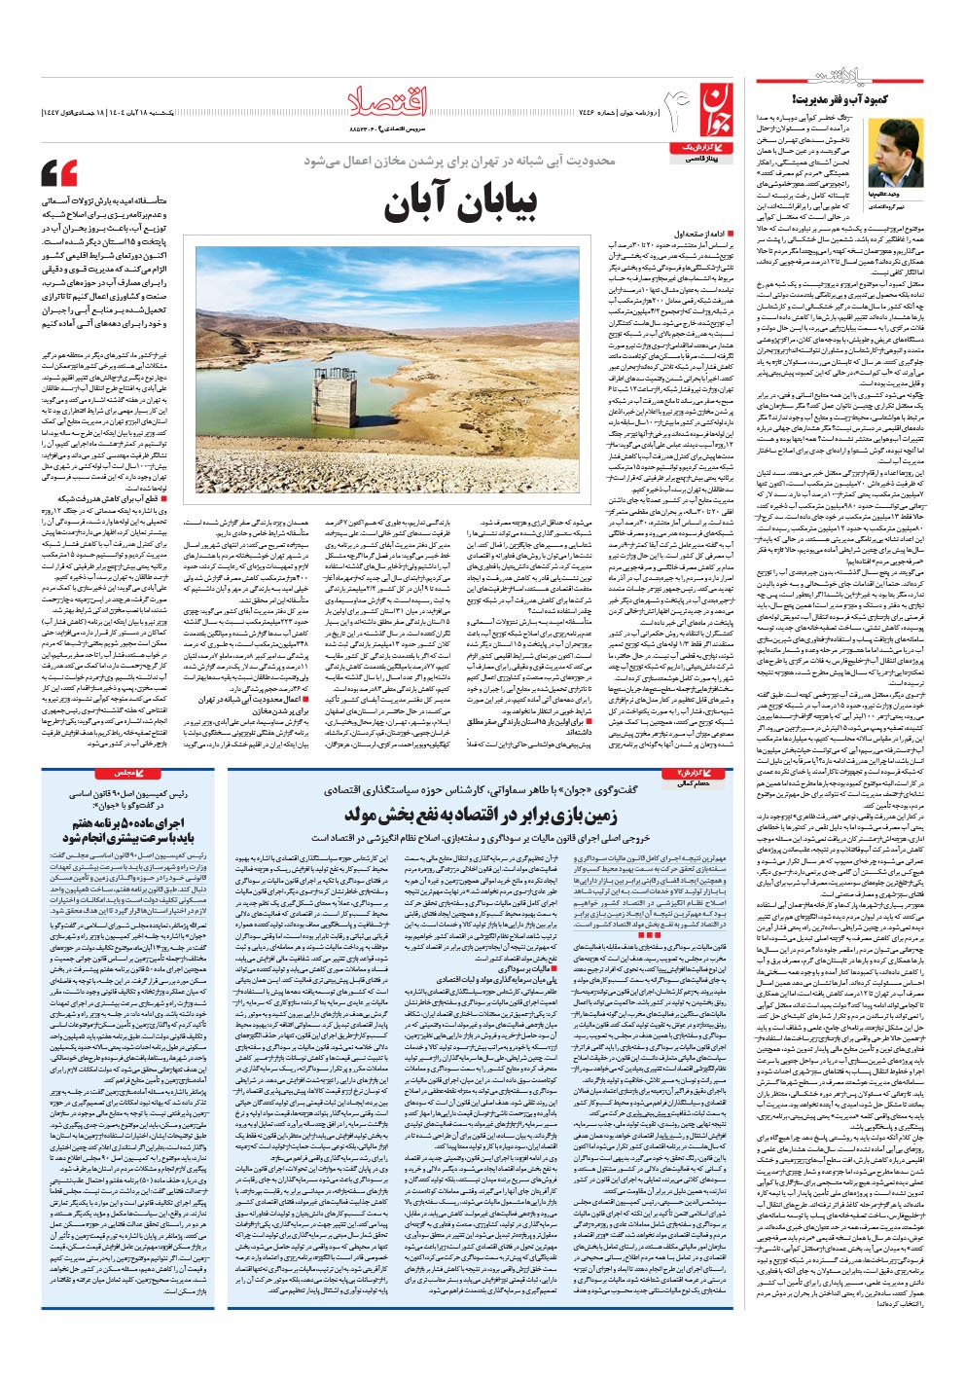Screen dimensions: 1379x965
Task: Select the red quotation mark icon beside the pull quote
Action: (59, 174)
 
